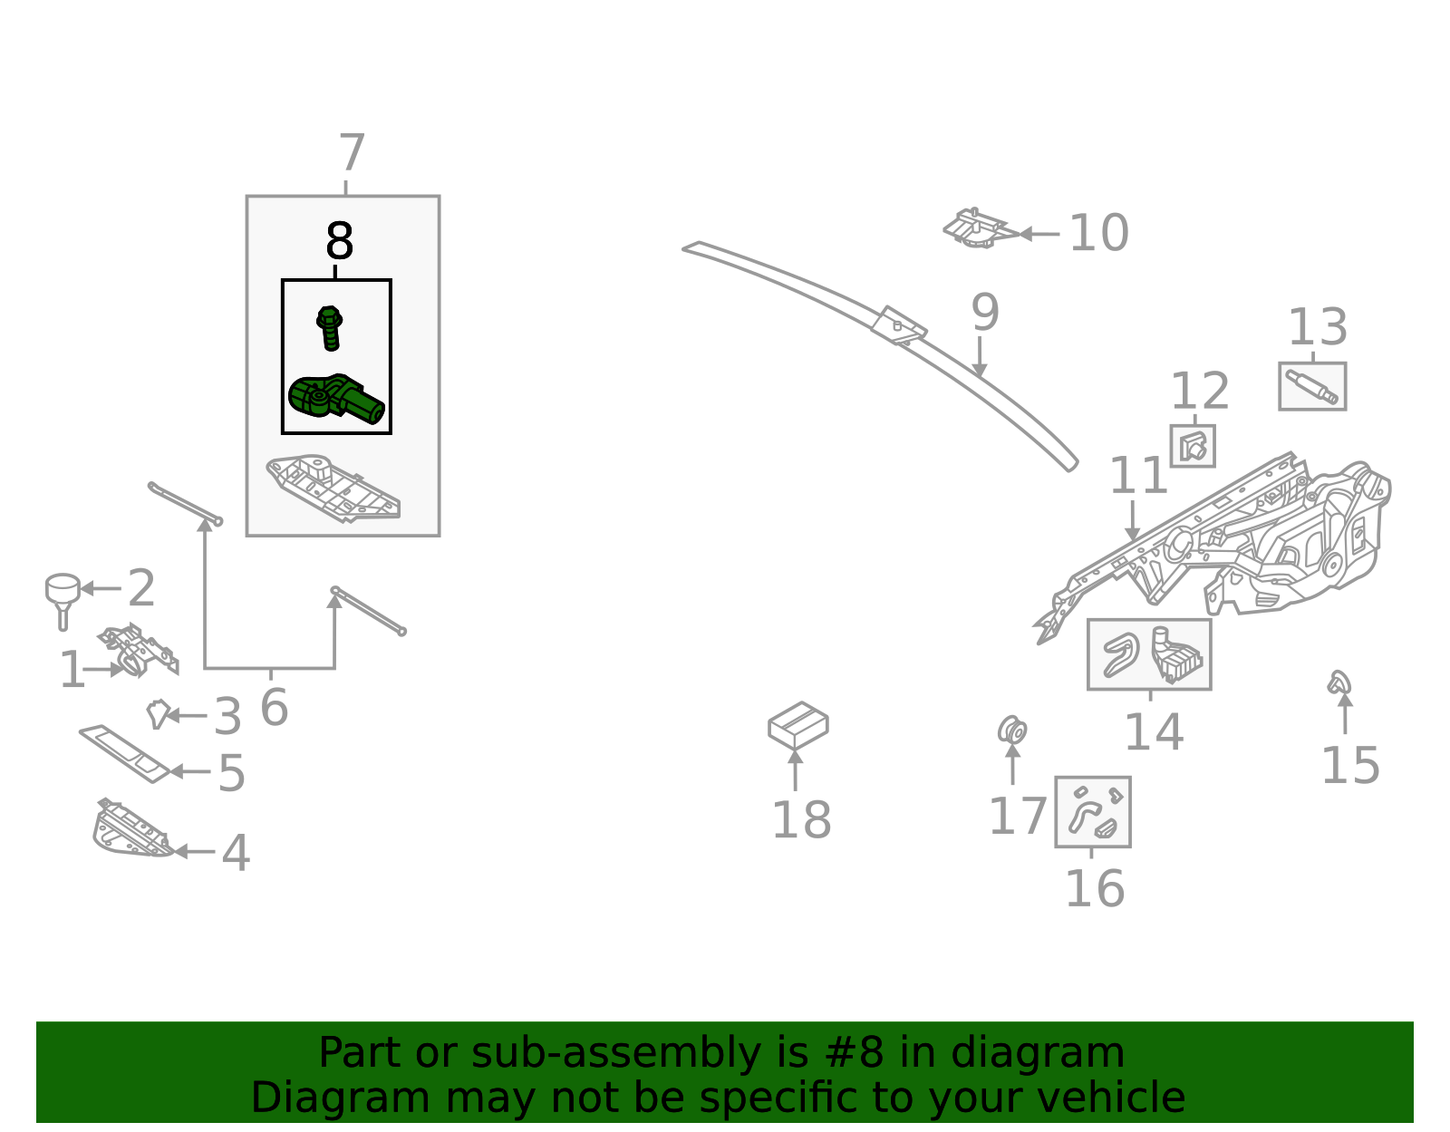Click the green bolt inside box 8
[x=330, y=327]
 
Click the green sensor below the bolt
[x=334, y=399]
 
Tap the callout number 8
[x=340, y=242]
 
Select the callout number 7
[x=352, y=154]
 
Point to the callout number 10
[x=1098, y=234]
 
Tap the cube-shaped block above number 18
[x=797, y=725]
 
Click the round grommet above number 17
[x=1012, y=730]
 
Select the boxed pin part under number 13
[x=1311, y=386]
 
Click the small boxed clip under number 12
[x=1193, y=446]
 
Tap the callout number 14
[x=1154, y=732]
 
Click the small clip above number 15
[x=1339, y=682]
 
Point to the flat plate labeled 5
[x=125, y=752]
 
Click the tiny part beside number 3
[x=159, y=713]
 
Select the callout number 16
[x=1094, y=888]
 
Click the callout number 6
[x=274, y=708]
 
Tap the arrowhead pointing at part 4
[x=179, y=852]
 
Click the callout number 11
[x=1138, y=477]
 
